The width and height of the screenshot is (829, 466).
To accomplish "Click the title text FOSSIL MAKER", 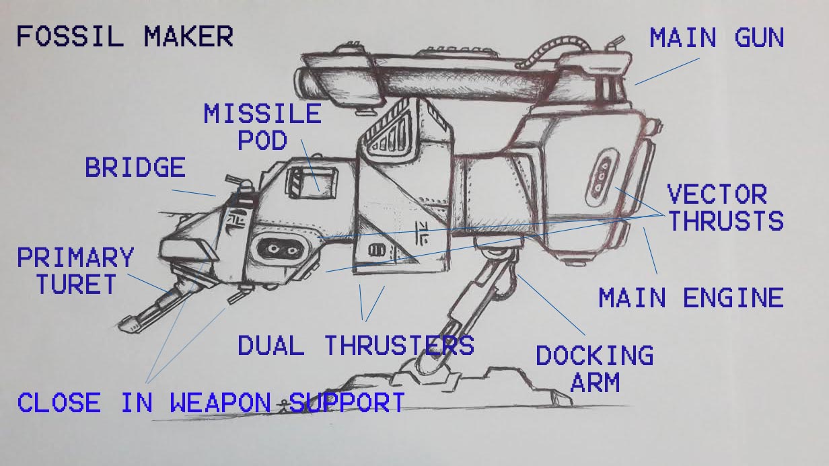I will (x=124, y=36).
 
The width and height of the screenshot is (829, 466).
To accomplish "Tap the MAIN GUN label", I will (x=717, y=38).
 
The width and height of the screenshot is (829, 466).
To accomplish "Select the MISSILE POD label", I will (x=262, y=126).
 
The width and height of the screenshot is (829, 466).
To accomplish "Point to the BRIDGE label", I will (x=135, y=167).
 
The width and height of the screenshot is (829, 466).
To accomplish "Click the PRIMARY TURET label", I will (x=75, y=271).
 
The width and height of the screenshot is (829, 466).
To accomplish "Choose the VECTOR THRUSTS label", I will (x=725, y=208).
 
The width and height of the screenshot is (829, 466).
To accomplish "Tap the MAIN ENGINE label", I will (x=691, y=297).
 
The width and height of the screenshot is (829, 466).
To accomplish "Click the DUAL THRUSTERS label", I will (x=355, y=346).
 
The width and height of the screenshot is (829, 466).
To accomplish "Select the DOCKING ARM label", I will (x=595, y=368).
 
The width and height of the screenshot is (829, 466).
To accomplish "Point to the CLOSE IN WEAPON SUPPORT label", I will (x=211, y=403).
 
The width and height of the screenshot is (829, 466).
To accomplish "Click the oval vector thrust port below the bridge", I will (x=278, y=248).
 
